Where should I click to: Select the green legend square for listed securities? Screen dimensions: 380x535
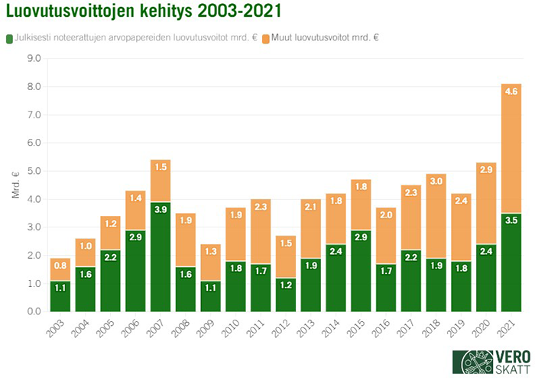click(x=9, y=38)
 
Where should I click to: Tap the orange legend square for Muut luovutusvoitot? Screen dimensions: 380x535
click(x=265, y=38)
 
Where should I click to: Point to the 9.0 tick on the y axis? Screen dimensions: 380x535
click(x=34, y=58)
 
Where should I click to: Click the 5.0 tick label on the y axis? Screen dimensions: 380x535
click(x=34, y=171)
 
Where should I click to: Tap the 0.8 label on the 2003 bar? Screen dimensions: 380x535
click(x=60, y=266)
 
